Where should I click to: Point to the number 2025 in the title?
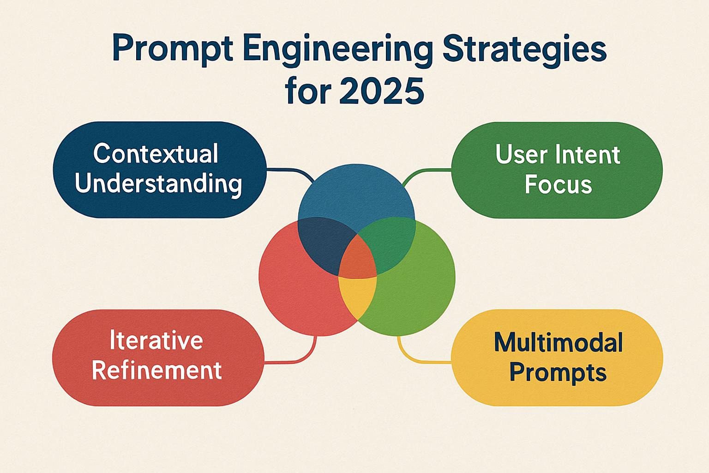(x=381, y=91)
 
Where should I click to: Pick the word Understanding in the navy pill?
(x=158, y=184)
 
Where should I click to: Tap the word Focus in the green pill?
(x=558, y=184)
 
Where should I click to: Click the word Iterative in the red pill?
(x=156, y=340)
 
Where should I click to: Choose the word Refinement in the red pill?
(x=157, y=370)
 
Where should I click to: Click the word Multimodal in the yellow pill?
(x=558, y=342)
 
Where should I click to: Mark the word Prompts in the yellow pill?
(x=558, y=372)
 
